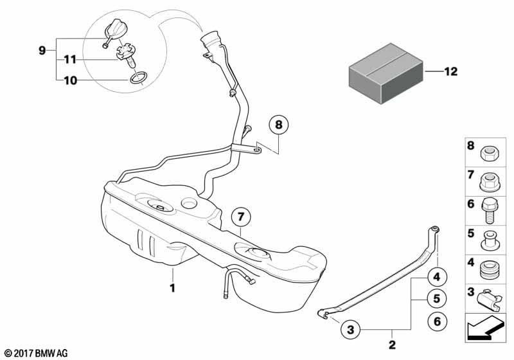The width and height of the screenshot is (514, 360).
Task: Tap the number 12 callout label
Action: click(450, 72)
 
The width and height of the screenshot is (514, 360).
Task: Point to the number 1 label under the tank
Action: click(172, 288)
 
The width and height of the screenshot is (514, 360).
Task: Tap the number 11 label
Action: click(69, 59)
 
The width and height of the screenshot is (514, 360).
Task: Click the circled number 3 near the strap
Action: click(351, 330)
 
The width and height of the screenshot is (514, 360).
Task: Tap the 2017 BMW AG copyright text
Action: click(35, 353)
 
